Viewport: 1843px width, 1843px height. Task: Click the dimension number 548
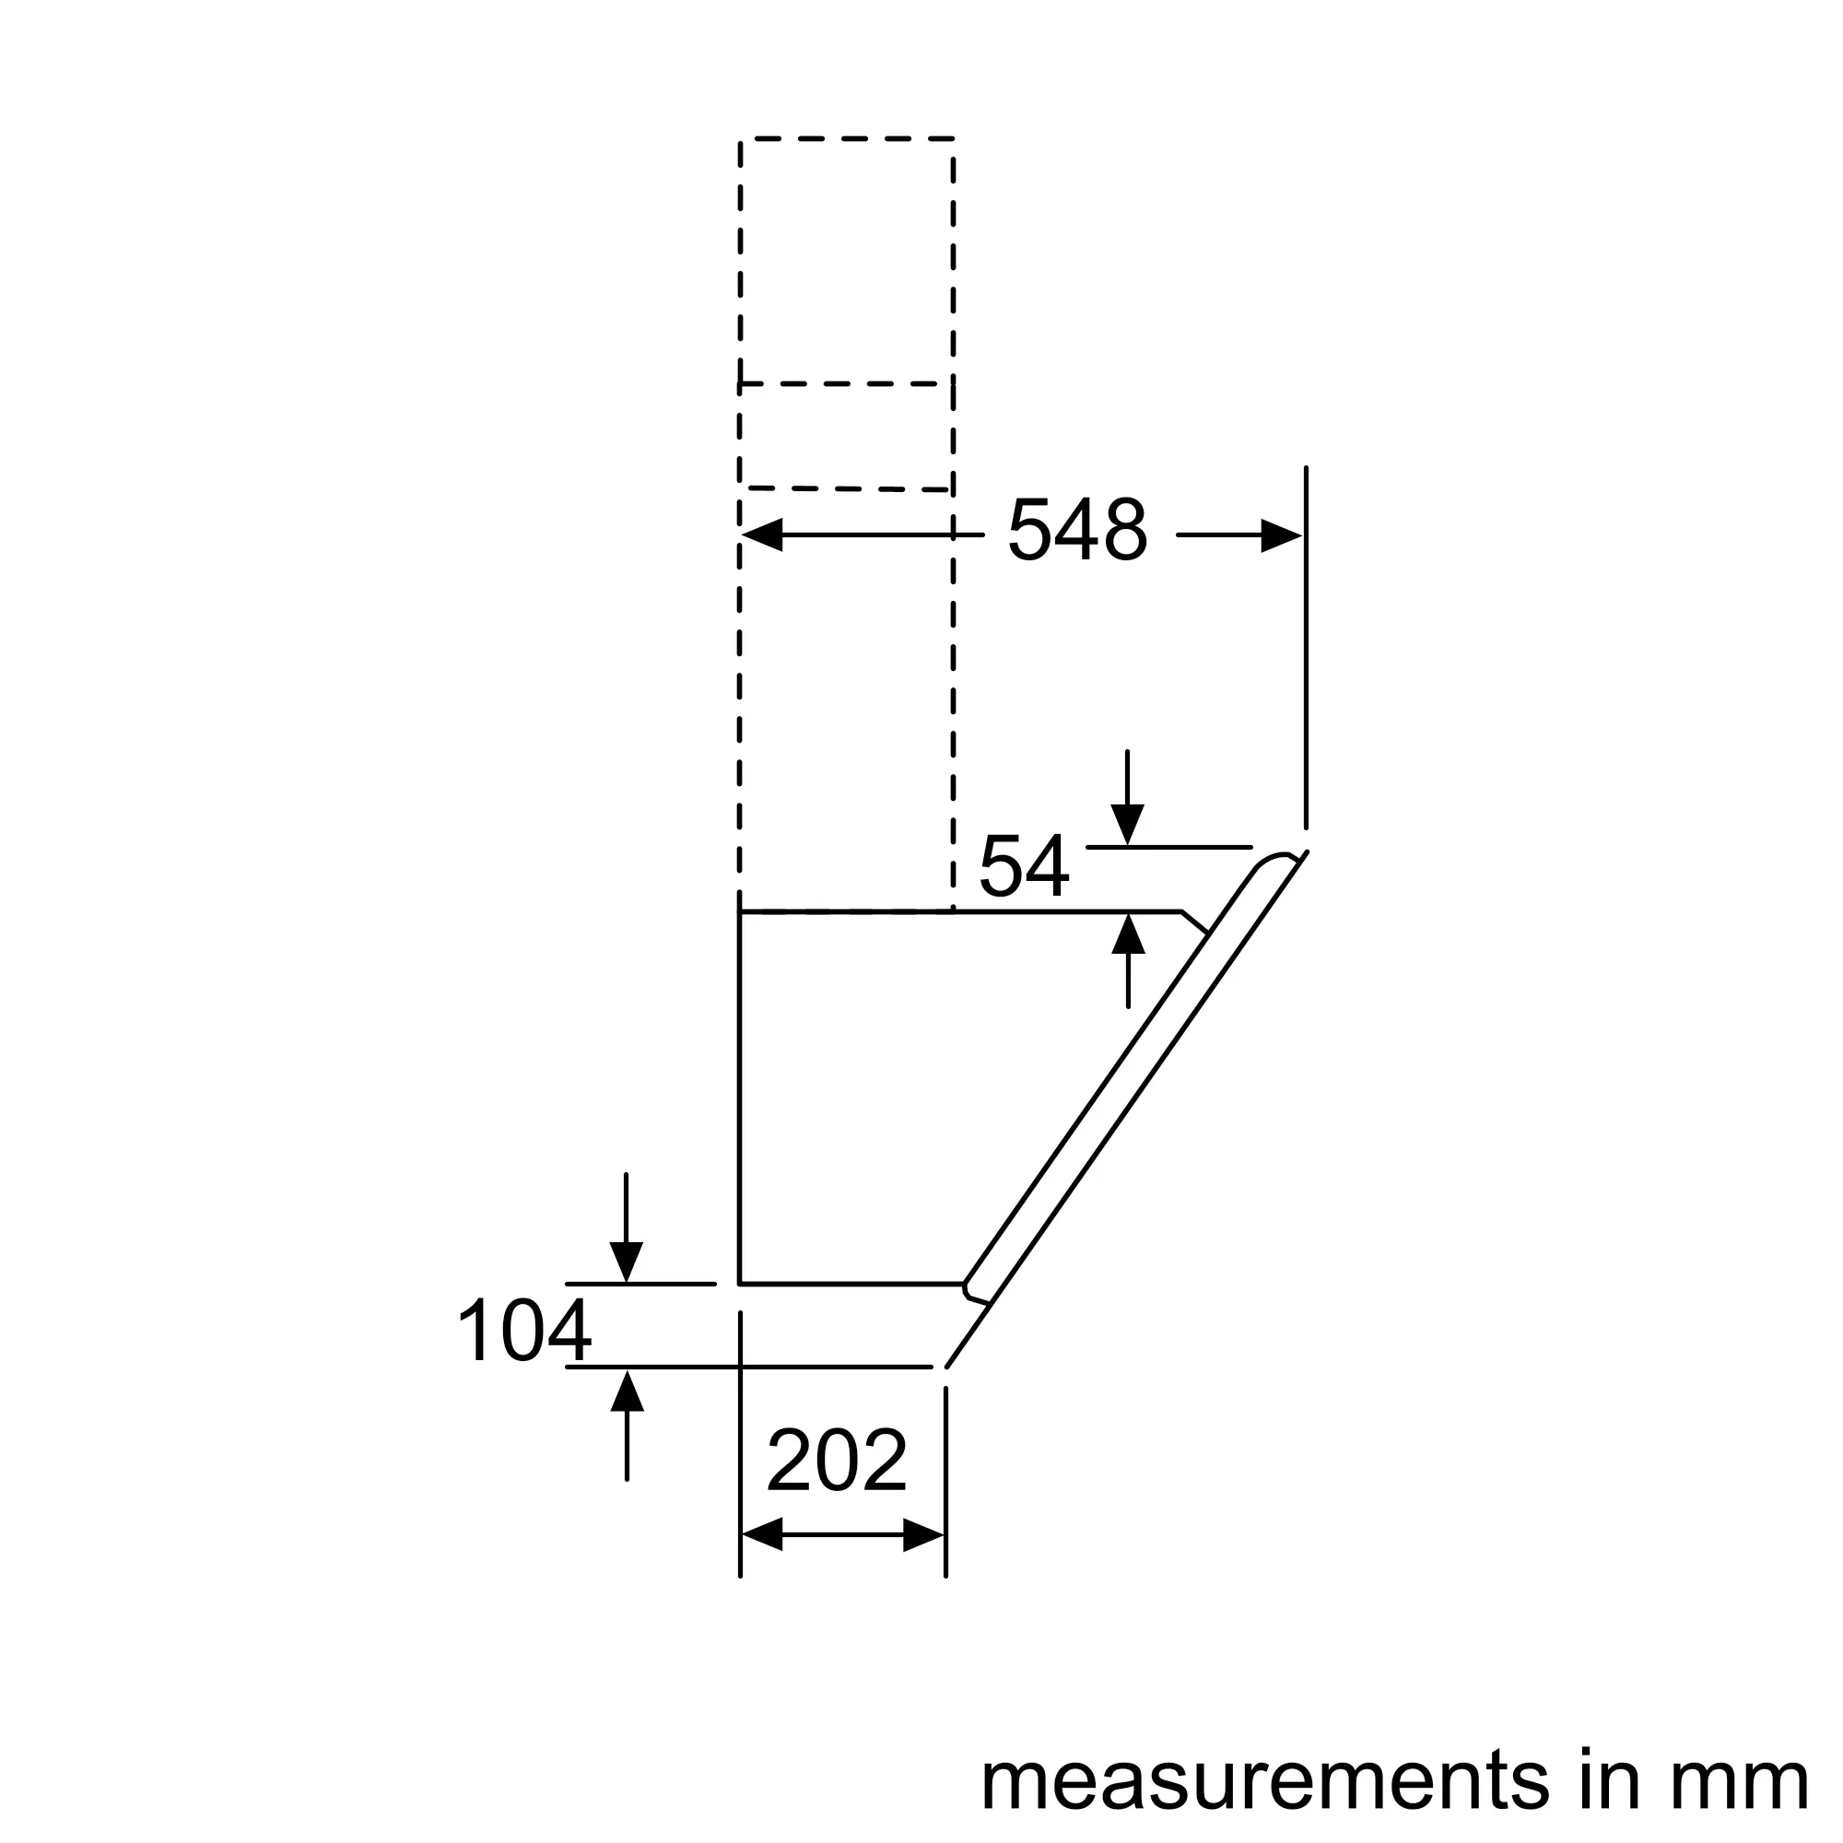pos(1078,531)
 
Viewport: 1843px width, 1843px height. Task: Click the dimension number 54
pos(1025,866)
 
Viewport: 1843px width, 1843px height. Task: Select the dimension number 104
pos(524,1331)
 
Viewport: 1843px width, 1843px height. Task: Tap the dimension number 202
pos(837,1461)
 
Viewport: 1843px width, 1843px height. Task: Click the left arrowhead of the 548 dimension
pos(762,535)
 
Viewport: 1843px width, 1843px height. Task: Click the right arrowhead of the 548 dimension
pos(1281,535)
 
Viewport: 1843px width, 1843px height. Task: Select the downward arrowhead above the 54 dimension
pos(1128,825)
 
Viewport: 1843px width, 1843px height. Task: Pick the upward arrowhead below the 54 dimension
pos(1129,933)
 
